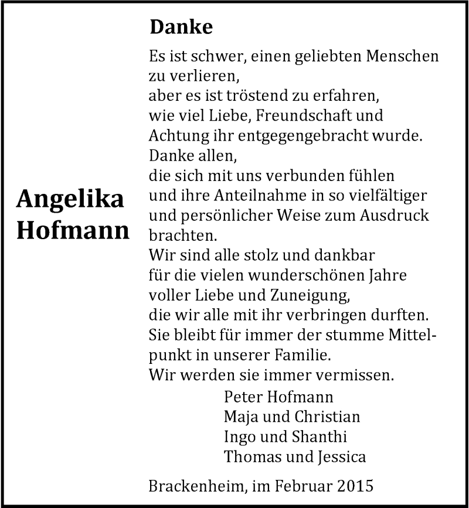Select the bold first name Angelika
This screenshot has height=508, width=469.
[70, 200]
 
